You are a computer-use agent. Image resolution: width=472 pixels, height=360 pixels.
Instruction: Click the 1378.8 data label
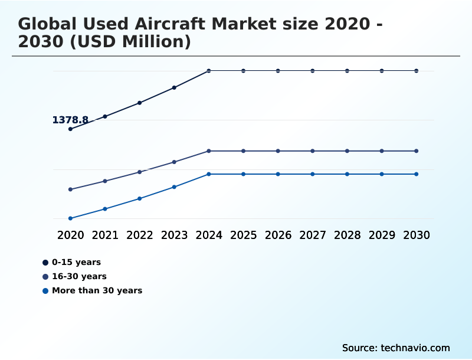coord(70,120)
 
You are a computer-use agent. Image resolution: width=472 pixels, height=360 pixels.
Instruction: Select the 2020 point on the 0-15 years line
coord(70,129)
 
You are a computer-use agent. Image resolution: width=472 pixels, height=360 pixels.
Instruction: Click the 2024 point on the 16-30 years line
coord(209,151)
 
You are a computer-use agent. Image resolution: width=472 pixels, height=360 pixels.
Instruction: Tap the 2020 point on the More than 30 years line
coord(70,218)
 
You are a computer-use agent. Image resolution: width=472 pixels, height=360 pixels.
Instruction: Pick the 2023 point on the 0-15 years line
coord(174,87)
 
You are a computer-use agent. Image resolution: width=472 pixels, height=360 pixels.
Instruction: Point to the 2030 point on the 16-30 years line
coord(417,151)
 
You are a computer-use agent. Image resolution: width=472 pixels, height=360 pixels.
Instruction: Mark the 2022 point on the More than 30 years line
coord(140,198)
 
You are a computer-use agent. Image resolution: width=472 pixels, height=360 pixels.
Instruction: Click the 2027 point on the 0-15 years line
coord(313,71)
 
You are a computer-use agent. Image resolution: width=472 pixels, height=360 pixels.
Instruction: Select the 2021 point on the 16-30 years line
coord(105,181)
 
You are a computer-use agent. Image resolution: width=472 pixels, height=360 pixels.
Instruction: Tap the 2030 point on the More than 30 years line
coord(417,174)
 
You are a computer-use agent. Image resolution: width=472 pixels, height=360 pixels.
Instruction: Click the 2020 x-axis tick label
coord(70,235)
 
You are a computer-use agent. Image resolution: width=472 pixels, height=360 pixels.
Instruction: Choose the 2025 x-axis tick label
coord(243,235)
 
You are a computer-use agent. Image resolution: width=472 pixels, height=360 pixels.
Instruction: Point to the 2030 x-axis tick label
coord(417,235)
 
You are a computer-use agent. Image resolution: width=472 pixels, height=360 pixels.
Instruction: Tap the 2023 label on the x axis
coord(174,235)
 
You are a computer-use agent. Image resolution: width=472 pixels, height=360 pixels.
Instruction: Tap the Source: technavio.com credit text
coord(396,348)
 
